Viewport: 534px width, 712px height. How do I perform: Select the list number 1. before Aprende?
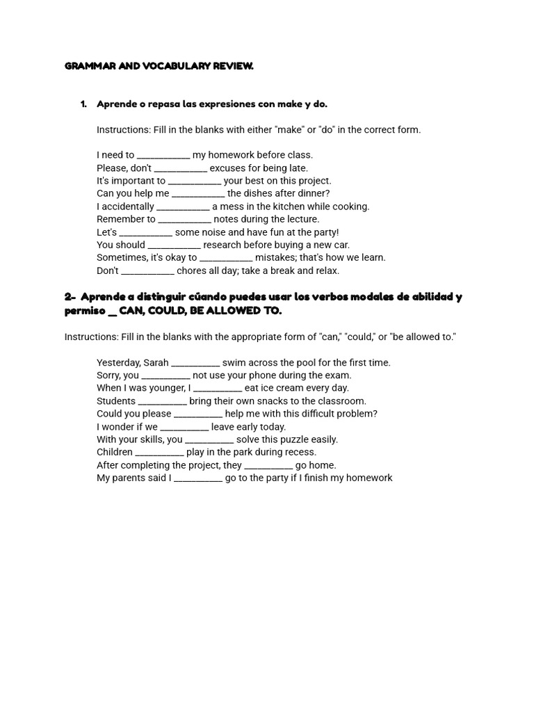click(83, 104)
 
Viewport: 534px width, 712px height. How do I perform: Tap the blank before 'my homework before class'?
click(163, 156)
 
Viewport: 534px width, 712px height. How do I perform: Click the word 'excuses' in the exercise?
click(227, 168)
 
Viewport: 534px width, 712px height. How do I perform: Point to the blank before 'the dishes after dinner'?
click(198, 194)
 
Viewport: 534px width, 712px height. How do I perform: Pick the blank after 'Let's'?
click(146, 233)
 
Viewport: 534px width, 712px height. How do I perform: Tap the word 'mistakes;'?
click(275, 257)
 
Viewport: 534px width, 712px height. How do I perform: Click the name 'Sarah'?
click(156, 362)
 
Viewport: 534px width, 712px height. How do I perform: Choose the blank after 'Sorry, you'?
click(165, 375)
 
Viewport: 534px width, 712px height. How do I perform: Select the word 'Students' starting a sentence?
click(116, 401)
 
